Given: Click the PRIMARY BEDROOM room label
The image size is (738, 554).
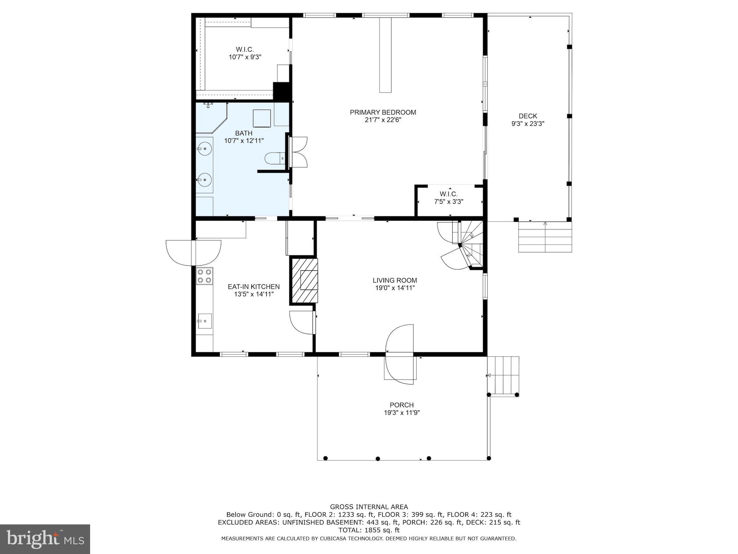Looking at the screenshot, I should [x=383, y=112].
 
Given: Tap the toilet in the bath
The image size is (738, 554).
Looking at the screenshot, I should [x=275, y=158].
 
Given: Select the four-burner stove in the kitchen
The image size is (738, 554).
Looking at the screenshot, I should [x=204, y=276].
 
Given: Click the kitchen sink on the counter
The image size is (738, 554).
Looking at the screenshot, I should [x=204, y=321].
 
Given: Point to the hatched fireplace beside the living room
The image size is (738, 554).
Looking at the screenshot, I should [x=304, y=281].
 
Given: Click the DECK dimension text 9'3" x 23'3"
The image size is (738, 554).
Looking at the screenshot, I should [x=528, y=124].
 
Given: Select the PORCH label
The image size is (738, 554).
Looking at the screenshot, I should [x=401, y=405].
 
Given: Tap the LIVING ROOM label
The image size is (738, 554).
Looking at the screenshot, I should [x=395, y=280].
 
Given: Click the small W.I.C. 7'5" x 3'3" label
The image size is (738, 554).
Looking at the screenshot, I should [x=448, y=198].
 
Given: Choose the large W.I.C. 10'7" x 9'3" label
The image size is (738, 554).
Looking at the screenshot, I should [x=245, y=53].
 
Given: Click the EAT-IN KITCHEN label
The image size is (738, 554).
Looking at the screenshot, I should [x=254, y=287].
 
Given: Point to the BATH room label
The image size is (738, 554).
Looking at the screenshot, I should [x=244, y=133].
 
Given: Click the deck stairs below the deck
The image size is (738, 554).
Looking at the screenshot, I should [x=545, y=237].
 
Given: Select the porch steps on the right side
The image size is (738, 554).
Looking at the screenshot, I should [x=503, y=375].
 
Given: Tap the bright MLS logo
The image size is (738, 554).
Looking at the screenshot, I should [x=45, y=539].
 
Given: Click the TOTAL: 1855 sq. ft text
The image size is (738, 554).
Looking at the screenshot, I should [x=369, y=530].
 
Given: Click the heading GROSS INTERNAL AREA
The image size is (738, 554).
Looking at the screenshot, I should [x=369, y=507].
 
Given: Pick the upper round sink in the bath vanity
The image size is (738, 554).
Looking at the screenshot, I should [x=204, y=148].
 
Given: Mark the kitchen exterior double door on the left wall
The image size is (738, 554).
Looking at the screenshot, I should [x=194, y=252].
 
